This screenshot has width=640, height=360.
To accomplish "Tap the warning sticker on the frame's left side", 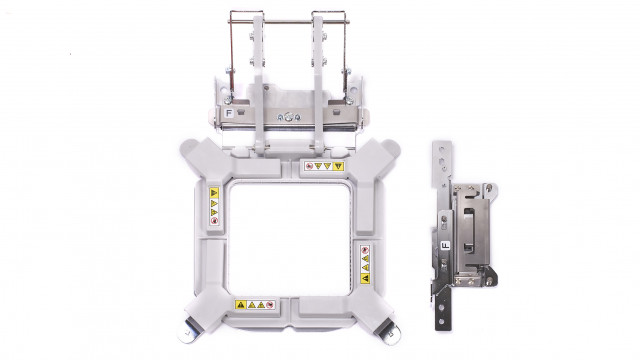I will (x=214, y=203).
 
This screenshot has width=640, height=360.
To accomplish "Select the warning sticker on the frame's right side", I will (x=366, y=258).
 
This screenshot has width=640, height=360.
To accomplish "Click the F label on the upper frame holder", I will (x=229, y=114).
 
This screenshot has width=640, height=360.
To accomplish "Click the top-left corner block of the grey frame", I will (x=201, y=159).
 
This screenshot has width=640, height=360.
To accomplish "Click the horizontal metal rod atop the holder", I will (x=287, y=15).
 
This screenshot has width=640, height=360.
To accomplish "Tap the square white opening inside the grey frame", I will (x=288, y=235).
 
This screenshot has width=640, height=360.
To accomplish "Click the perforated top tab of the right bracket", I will (x=441, y=165).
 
